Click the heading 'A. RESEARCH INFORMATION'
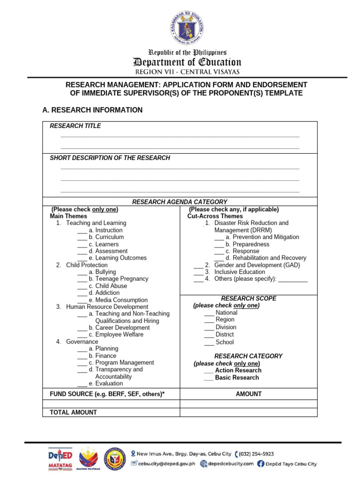[x=92, y=110]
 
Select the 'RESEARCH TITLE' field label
[x=75, y=126]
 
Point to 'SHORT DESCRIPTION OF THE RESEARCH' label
[x=110, y=158]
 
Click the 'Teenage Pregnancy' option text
[x=121, y=279]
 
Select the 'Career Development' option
[x=122, y=328]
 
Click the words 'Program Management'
[x=124, y=363]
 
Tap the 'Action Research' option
[x=238, y=370]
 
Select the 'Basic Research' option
[x=237, y=377]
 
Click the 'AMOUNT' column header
[x=248, y=394]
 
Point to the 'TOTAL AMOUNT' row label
[x=73, y=412]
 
